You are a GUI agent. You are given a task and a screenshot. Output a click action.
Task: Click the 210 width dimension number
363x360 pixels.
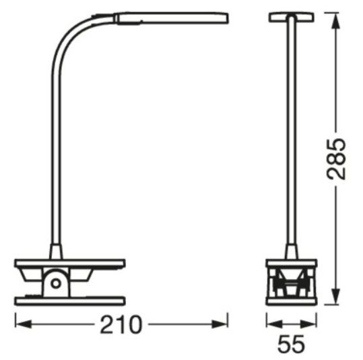pos(121,324)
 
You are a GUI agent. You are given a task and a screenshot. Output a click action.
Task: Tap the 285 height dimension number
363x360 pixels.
pos(336,159)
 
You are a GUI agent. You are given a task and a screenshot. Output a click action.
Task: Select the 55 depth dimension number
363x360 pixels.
pos(291,344)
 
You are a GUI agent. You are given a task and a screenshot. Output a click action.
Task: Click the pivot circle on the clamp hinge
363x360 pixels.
pos(56,283)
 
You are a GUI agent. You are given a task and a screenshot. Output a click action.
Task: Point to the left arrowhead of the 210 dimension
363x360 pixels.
pos(24,324)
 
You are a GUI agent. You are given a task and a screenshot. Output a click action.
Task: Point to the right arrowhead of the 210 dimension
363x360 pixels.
pos(220,324)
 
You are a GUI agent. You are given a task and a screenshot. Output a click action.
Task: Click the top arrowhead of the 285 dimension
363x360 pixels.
pos(336,21)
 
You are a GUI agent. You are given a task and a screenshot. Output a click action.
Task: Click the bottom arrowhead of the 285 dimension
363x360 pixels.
pos(336,296)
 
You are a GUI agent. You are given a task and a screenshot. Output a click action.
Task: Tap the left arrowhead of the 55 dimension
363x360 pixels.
pos(275,324)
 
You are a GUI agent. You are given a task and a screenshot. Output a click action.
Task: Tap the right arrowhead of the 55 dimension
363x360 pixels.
pos(308,324)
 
